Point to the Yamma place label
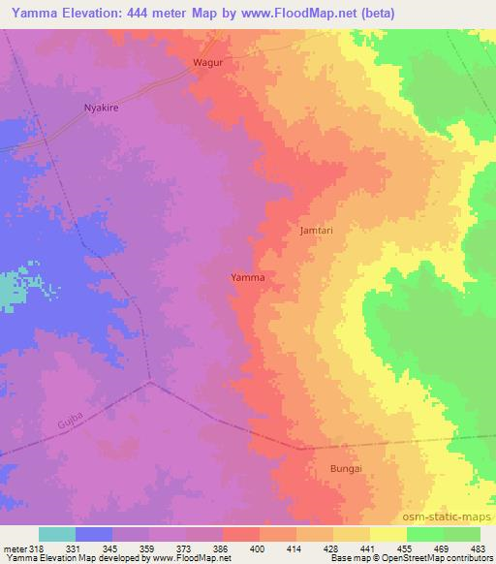(x=248, y=277)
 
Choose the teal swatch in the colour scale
(x=57, y=534)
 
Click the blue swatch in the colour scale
(x=94, y=534)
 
